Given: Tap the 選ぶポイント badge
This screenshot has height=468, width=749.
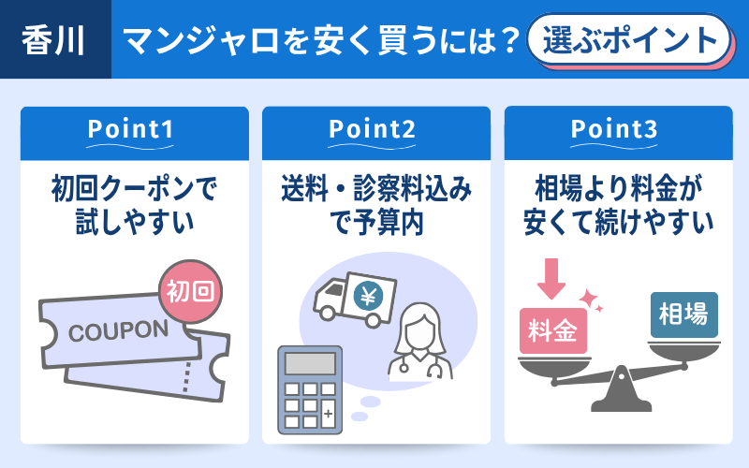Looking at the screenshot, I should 626,40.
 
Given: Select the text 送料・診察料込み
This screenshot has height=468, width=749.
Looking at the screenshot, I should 375,191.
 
